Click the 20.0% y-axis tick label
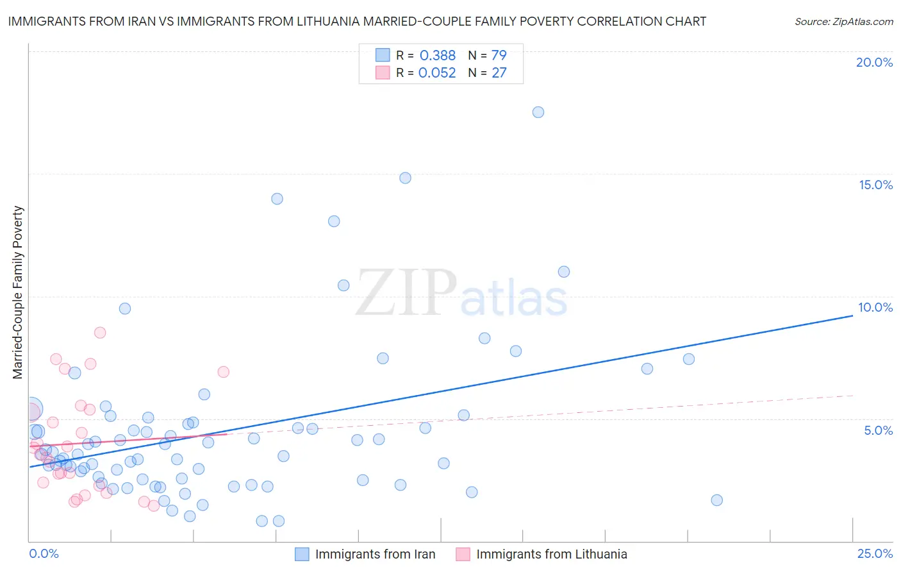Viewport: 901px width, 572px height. pyautogui.click(x=874, y=62)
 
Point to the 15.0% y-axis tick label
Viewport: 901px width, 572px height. pyautogui.click(x=875, y=185)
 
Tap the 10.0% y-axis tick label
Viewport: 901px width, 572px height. pyautogui.click(x=875, y=307)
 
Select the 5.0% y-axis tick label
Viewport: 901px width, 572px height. pyautogui.click(x=878, y=430)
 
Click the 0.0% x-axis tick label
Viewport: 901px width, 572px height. pyautogui.click(x=44, y=553)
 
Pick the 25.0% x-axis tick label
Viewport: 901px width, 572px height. pyautogui.click(x=875, y=553)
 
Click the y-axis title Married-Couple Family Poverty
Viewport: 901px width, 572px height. pyautogui.click(x=18, y=292)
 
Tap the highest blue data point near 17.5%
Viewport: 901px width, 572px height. pyautogui.click(x=538, y=112)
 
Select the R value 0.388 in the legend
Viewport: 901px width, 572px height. pyautogui.click(x=437, y=56)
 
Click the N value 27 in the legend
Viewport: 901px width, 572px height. pyautogui.click(x=499, y=73)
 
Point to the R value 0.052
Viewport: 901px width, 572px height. pyautogui.click(x=437, y=73)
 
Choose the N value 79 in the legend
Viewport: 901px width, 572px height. pyautogui.click(x=499, y=56)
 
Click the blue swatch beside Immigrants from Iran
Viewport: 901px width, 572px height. pyautogui.click(x=302, y=554)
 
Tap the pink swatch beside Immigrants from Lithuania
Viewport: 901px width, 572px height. pyautogui.click(x=463, y=554)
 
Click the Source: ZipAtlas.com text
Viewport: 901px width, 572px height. pyautogui.click(x=843, y=22)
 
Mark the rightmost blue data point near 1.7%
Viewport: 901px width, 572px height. pyautogui.click(x=717, y=500)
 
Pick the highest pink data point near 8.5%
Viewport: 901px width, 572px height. pyautogui.click(x=100, y=332)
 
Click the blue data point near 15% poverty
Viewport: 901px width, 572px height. pyautogui.click(x=405, y=178)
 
